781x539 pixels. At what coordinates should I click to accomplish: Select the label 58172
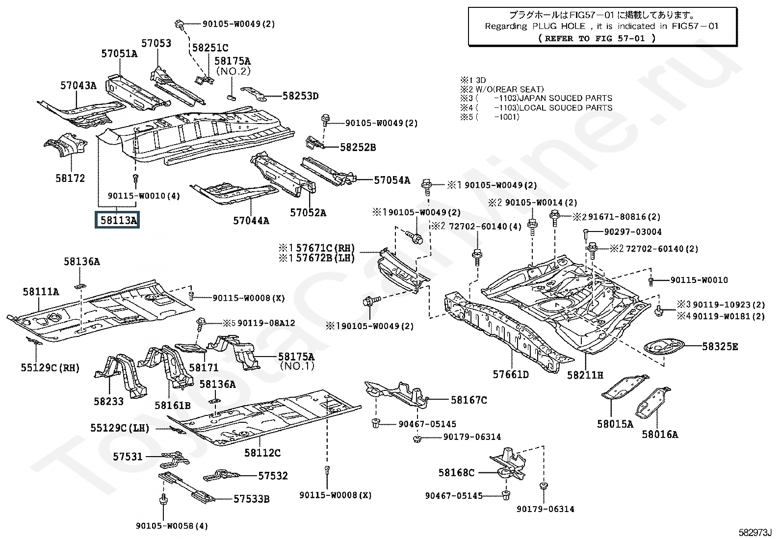coord(70,178)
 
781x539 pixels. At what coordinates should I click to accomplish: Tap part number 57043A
coord(78,85)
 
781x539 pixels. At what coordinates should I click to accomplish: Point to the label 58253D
coord(300,96)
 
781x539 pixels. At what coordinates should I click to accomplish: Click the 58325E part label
coord(720,346)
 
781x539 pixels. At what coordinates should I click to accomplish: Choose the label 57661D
coord(511,375)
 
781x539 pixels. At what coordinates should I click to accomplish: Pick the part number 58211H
coord(585,375)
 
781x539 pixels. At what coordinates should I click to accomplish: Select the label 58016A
coord(660,434)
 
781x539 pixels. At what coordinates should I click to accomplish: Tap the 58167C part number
coord(469,400)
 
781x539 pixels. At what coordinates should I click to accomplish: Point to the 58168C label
coord(456,473)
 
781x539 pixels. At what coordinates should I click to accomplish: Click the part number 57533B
coord(251,499)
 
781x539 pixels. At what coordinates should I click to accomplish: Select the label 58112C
coord(262,453)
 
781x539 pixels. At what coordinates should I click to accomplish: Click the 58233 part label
coord(109,401)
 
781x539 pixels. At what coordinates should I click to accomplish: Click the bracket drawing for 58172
coord(64,147)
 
